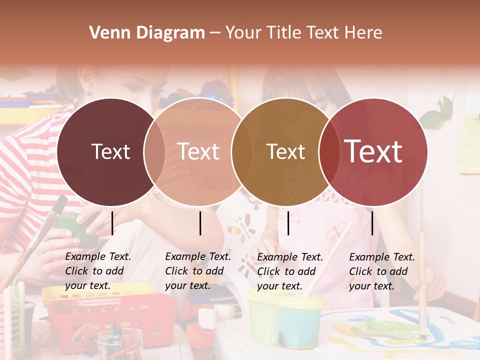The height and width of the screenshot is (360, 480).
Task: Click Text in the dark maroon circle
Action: point(110,151)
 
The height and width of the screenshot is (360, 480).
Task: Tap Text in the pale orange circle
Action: point(198,151)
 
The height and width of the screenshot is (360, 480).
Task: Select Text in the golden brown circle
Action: point(285,151)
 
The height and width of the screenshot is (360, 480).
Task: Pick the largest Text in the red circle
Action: point(373,151)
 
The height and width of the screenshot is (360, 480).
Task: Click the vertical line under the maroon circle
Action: point(112,223)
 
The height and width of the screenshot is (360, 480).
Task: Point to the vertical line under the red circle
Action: point(372,223)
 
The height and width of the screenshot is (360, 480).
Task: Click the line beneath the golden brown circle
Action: point(288,223)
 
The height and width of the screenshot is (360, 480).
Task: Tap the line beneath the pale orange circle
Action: point(200,223)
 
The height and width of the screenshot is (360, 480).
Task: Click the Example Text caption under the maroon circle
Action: point(97,271)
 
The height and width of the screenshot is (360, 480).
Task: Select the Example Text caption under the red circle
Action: point(381,271)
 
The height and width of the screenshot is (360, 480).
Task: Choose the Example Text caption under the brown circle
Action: point(289,271)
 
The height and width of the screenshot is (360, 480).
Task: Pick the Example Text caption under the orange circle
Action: point(197,271)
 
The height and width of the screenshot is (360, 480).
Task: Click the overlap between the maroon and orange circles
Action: point(154,151)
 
